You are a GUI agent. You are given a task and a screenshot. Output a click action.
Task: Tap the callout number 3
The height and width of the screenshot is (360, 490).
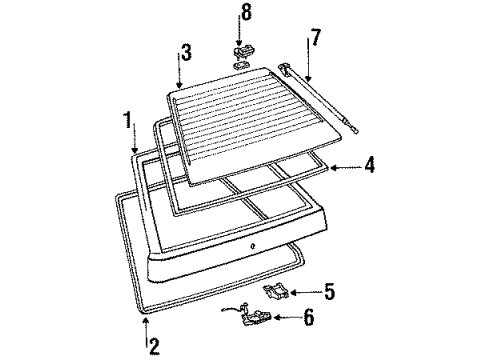(184, 50)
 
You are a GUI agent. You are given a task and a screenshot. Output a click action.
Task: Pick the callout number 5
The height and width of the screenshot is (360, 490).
(328, 294)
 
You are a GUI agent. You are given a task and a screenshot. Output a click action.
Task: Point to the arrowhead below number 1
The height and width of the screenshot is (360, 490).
(136, 151)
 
